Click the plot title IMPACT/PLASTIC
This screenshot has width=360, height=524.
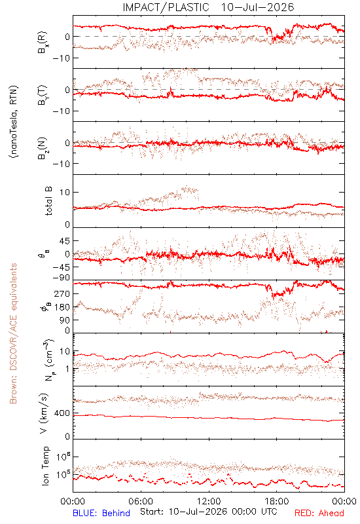pyautogui.click(x=166, y=7)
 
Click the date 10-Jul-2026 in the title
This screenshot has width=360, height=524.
pyautogui.click(x=257, y=7)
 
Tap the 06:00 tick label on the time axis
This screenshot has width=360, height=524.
pyautogui.click(x=141, y=501)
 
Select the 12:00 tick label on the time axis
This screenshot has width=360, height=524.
pyautogui.click(x=209, y=501)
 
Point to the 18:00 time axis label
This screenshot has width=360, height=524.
pyautogui.click(x=277, y=501)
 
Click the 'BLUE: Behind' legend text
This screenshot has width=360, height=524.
pyautogui.click(x=101, y=513)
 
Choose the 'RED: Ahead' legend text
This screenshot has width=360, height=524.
pyautogui.click(x=319, y=513)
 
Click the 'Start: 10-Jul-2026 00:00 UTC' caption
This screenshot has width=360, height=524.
pyautogui.click(x=208, y=512)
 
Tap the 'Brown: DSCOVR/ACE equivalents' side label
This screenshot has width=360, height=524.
pyautogui.click(x=13, y=333)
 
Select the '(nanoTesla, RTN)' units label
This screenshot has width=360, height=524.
pyautogui.click(x=14, y=122)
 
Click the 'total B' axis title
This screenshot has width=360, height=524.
pyautogui.click(x=48, y=201)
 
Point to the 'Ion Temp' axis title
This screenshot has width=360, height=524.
pyautogui.click(x=45, y=466)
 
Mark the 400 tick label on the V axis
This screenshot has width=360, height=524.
pyautogui.click(x=62, y=413)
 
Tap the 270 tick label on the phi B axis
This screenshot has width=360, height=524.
pyautogui.click(x=62, y=294)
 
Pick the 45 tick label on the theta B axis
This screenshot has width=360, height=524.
pyautogui.click(x=65, y=241)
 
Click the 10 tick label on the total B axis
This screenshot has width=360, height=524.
pyautogui.click(x=65, y=193)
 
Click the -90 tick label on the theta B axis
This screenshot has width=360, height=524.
pyautogui.click(x=62, y=278)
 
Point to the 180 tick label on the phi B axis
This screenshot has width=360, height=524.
pyautogui.click(x=62, y=307)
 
